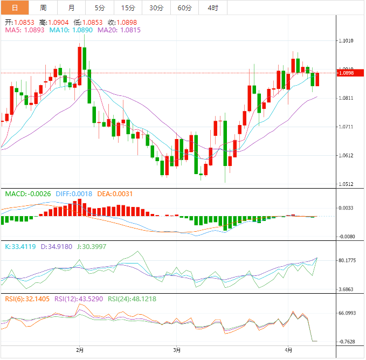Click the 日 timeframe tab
tap(14, 8)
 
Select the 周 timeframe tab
tap(43, 8)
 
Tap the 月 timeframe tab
tap(72, 8)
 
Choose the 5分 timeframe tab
tap(100, 8)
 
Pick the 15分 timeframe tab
tap(128, 8)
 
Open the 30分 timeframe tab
tap(156, 8)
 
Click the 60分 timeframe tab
tap(184, 8)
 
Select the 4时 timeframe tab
tap(212, 8)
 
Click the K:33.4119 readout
tap(20, 246)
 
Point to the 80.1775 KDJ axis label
tap(348, 261)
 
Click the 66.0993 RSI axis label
tap(348, 313)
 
